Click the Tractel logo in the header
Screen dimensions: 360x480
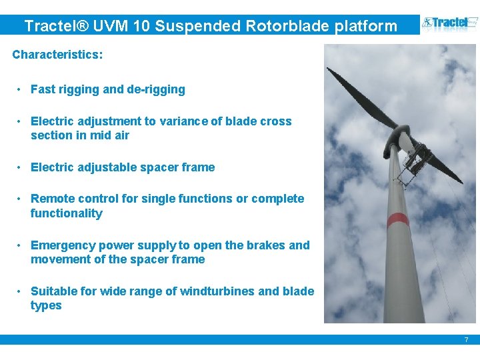click(x=447, y=25)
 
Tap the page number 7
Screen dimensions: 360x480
click(x=466, y=340)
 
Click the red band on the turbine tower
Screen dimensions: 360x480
click(x=398, y=219)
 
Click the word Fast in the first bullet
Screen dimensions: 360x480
click(x=43, y=89)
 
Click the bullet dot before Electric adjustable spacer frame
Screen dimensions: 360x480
click(x=21, y=167)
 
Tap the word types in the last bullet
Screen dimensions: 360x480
click(x=46, y=305)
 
